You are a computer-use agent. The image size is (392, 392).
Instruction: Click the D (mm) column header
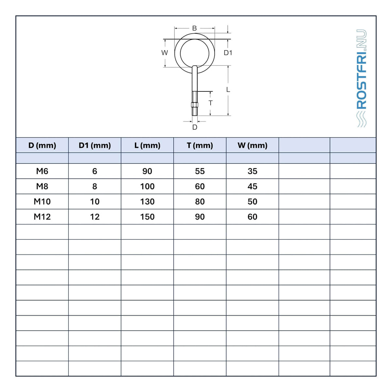pos(42,145)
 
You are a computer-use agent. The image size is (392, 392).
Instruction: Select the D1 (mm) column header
pos(95,145)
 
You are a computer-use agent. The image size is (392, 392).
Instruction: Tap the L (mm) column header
pos(147,145)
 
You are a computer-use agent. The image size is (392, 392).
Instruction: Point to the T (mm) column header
pos(200,145)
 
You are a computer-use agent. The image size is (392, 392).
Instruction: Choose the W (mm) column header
pos(253,145)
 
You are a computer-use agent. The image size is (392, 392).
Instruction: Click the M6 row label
pos(42,171)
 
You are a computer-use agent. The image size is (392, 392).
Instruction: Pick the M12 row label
pos(42,217)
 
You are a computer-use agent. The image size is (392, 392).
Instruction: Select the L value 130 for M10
pos(147,202)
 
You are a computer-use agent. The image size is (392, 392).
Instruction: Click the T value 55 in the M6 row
pos(200,171)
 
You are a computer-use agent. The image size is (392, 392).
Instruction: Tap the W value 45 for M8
pos(253,186)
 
